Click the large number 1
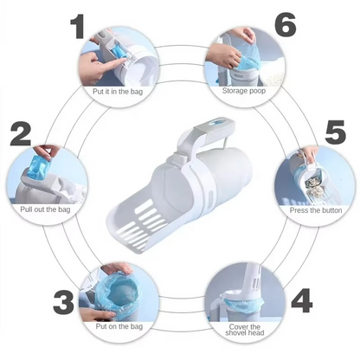78,27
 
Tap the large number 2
21,134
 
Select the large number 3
64,302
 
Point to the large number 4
302,300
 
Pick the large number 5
335,132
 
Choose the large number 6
285,24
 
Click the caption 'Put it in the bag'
118,92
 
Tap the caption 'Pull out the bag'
45,209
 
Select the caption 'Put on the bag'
119,326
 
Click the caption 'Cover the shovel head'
245,330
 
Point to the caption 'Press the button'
316,210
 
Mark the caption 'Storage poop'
244,91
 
